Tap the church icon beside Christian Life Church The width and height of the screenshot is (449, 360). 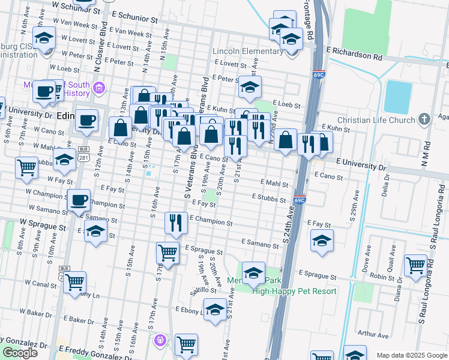coord(424,119)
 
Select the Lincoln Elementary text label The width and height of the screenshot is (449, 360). coord(247,51)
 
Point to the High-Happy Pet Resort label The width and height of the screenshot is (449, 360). coord(294,291)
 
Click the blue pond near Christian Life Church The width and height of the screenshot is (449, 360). coord(397,96)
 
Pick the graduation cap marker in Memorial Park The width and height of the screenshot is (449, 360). coord(253,272)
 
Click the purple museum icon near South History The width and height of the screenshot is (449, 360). coord(100,89)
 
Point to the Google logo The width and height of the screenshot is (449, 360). coord(20,353)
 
